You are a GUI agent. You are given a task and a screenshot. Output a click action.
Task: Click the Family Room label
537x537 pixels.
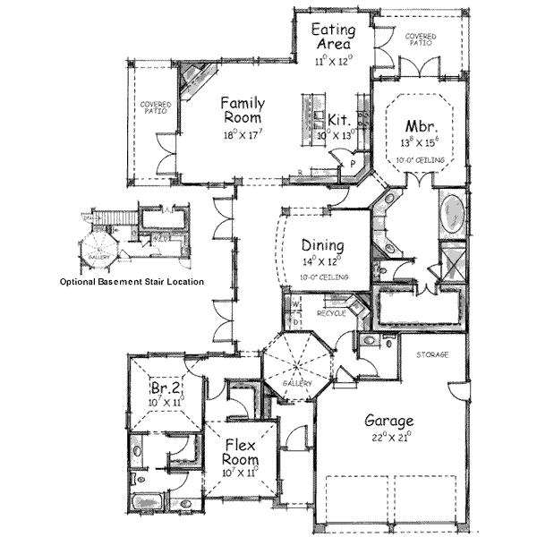click(241, 110)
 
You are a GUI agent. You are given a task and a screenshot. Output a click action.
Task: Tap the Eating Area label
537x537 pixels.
click(331, 37)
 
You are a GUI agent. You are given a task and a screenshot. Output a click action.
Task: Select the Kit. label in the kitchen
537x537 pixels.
click(338, 118)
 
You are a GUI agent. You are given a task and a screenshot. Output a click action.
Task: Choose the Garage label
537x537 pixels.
click(388, 421)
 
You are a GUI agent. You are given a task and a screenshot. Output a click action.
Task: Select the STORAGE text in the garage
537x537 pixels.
click(430, 355)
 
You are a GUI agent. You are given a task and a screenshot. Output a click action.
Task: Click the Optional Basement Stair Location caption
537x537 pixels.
click(132, 281)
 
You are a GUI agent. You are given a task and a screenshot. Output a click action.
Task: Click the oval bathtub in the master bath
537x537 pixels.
click(452, 215)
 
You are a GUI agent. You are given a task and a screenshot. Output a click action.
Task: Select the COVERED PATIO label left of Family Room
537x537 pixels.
click(155, 109)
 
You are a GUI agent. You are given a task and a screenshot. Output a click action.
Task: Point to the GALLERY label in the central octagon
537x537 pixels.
click(298, 383)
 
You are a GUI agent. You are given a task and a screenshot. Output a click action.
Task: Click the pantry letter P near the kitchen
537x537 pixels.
click(354, 166)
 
